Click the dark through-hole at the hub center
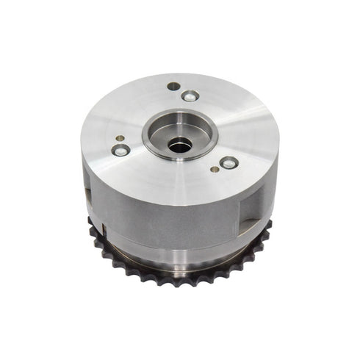(178, 145)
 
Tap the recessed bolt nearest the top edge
(189, 96)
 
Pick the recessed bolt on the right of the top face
(228, 162)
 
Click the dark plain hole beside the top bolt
(173, 87)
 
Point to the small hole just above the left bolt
(118, 135)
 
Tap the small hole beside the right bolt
(214, 169)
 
